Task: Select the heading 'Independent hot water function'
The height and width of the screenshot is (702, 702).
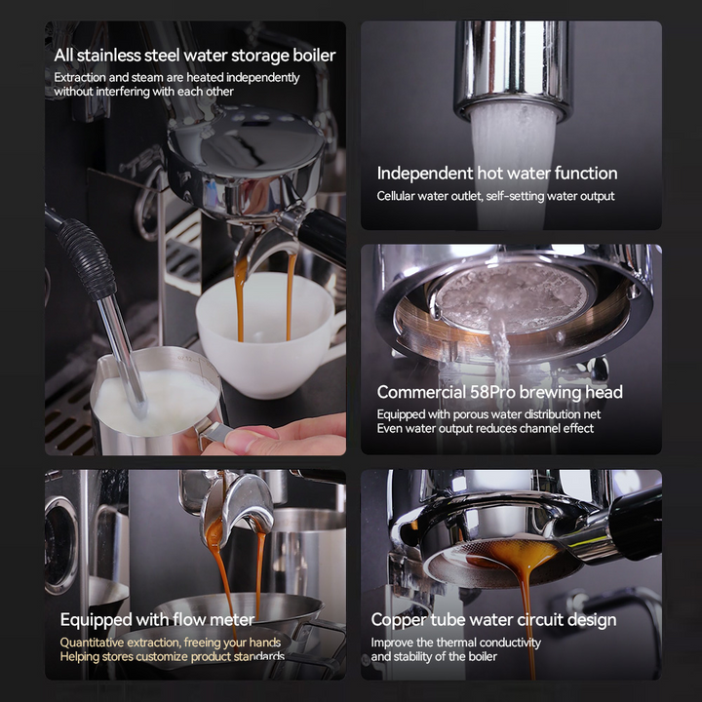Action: click(x=497, y=174)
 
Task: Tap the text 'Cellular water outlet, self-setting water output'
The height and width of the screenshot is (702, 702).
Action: click(x=495, y=196)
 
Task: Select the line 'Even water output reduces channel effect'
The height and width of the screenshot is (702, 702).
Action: click(x=485, y=428)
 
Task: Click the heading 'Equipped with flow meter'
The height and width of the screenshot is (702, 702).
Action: click(x=157, y=619)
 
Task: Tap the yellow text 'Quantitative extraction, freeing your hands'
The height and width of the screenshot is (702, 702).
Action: click(x=170, y=643)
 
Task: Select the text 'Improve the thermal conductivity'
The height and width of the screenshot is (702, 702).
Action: click(x=455, y=643)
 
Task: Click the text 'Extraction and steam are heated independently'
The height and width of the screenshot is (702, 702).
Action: click(x=176, y=77)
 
